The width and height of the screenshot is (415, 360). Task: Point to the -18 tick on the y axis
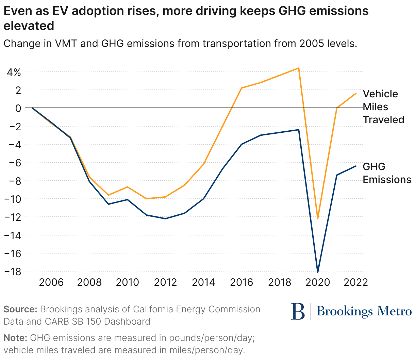click(x=12, y=272)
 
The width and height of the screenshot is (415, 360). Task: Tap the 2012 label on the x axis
click(x=165, y=282)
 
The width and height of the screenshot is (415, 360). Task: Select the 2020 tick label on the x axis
click(x=318, y=282)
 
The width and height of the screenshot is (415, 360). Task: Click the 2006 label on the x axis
click(x=51, y=282)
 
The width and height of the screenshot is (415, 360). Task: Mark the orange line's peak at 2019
click(x=299, y=68)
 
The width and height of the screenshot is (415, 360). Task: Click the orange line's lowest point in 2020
click(x=318, y=219)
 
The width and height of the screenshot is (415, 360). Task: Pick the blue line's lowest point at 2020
click(x=318, y=272)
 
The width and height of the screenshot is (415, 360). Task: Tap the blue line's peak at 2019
click(x=299, y=130)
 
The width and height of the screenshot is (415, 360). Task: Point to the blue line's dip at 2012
click(x=165, y=218)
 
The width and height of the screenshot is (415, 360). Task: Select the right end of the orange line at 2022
click(x=356, y=93)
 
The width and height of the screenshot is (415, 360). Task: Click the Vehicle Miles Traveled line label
click(x=383, y=107)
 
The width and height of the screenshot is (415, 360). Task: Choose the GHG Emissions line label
click(x=386, y=173)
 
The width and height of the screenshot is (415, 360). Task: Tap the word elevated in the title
click(x=29, y=26)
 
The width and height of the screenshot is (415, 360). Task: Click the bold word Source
click(x=20, y=309)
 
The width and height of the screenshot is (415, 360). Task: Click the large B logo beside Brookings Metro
click(x=298, y=311)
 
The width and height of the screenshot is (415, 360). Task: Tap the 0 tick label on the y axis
click(x=18, y=108)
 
